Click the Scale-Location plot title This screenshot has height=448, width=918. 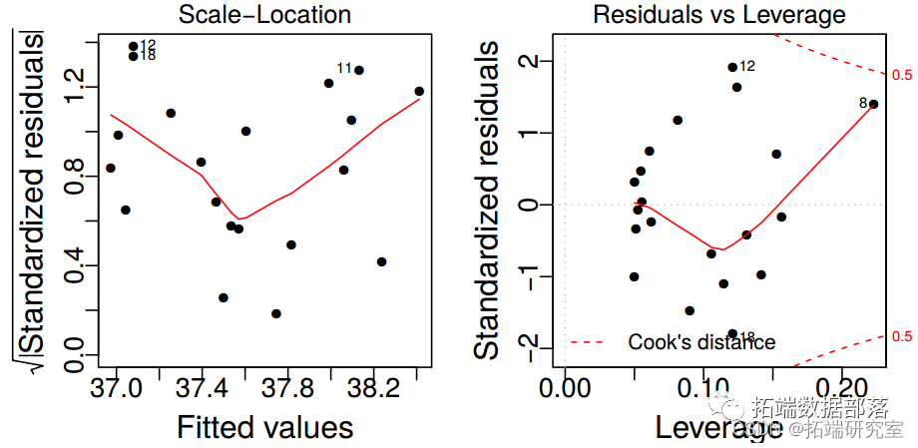tap(263, 15)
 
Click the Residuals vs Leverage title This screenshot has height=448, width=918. tap(718, 15)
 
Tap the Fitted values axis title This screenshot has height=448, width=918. tap(264, 427)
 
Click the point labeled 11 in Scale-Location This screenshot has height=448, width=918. tap(359, 70)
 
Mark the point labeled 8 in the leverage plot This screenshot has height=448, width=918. tap(873, 104)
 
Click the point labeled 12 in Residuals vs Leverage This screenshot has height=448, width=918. tap(732, 67)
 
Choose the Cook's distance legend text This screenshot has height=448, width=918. tap(701, 342)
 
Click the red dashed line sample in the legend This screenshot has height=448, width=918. tap(588, 342)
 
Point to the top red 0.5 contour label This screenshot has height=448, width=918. tap(902, 75)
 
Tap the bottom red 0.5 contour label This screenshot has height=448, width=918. tap(902, 336)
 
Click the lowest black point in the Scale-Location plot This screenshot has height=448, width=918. tap(276, 313)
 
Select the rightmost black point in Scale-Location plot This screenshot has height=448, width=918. tap(419, 92)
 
